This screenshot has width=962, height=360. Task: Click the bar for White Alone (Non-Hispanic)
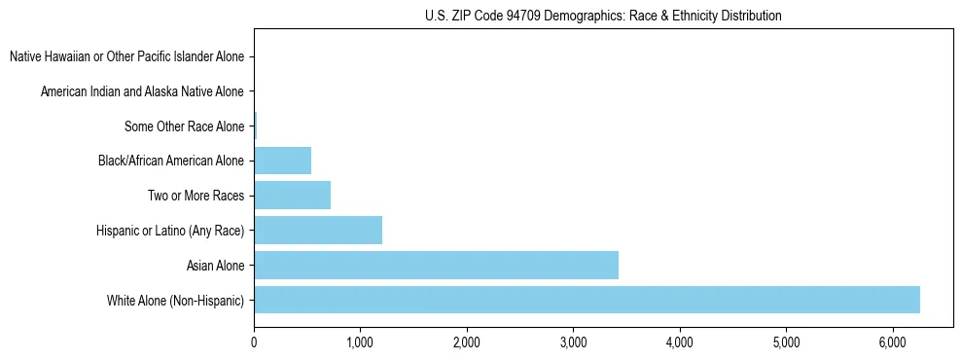[x=587, y=300]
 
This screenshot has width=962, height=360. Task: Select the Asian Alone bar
[x=436, y=265]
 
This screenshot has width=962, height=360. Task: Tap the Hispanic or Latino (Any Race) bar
[x=318, y=230]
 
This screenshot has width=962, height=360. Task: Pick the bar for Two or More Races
[x=292, y=196]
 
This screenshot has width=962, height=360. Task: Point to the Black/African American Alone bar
[x=282, y=161]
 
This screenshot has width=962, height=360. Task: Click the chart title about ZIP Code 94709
[x=603, y=16]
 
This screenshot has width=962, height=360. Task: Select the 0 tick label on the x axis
[x=254, y=342]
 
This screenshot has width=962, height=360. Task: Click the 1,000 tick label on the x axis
[x=360, y=342]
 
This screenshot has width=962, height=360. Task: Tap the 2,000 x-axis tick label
[x=467, y=342]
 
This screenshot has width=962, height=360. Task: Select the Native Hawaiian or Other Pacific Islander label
[x=126, y=57]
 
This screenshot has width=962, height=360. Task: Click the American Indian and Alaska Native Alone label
[x=143, y=92]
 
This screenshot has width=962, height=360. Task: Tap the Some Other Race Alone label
[x=185, y=126]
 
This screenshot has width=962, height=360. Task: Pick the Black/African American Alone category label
[x=171, y=161]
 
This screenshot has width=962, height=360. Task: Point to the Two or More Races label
[x=196, y=196]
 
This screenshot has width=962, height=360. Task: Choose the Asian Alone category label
[x=215, y=265]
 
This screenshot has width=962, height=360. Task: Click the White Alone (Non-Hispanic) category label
[x=176, y=300]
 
